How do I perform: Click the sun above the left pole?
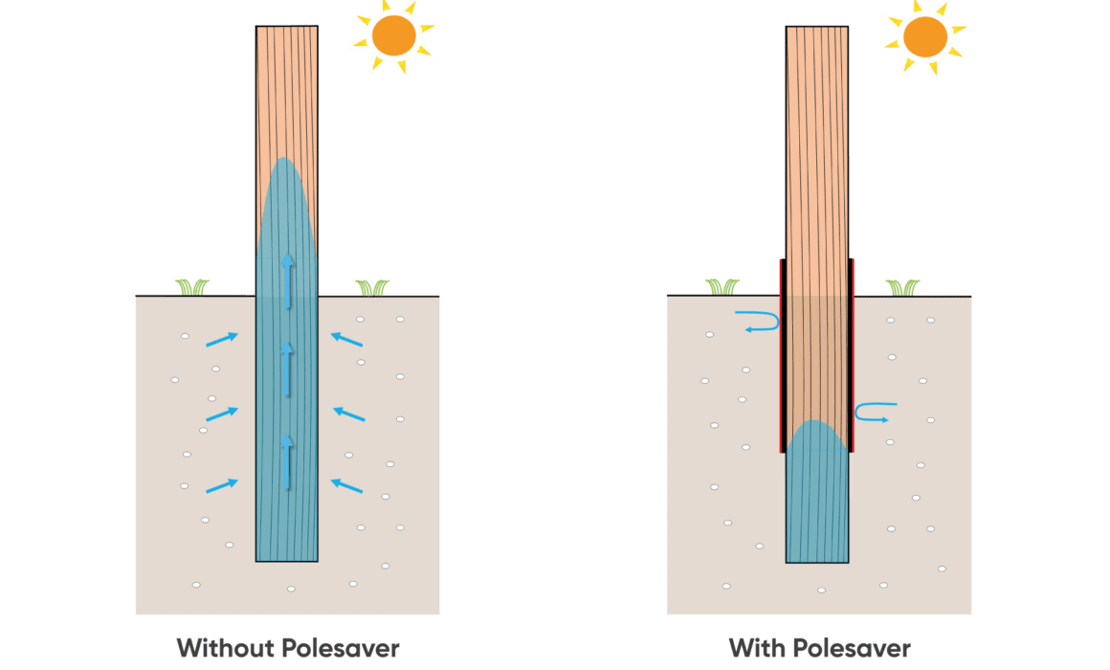pyautogui.click(x=393, y=36)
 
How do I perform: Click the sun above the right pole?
pyautogui.click(x=924, y=36)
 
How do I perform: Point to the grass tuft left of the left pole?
pyautogui.click(x=191, y=286)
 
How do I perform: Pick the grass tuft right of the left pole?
pyautogui.click(x=372, y=286)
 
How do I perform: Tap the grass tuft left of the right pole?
pyautogui.click(x=722, y=286)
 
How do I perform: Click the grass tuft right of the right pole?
pyautogui.click(x=901, y=286)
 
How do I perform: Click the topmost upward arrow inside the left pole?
pyautogui.click(x=287, y=280)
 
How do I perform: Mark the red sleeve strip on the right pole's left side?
pyautogui.click(x=782, y=354)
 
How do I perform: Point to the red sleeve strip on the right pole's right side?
pyautogui.click(x=852, y=354)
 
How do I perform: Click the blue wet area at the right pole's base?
pyautogui.click(x=816, y=498)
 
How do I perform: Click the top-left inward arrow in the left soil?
pyautogui.click(x=222, y=337)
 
